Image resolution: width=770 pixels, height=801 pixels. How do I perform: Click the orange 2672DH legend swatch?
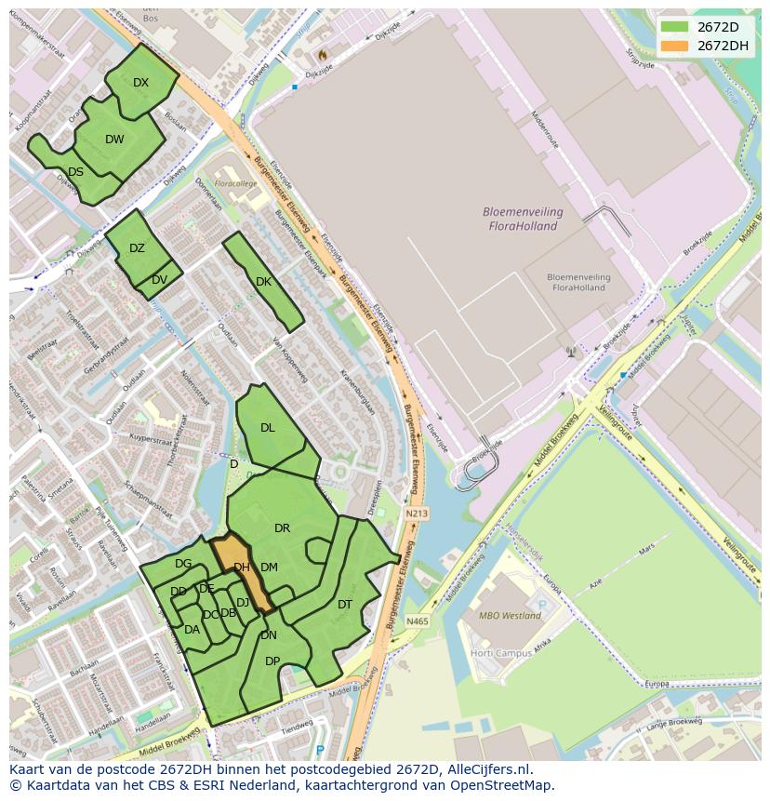pyautogui.click(x=675, y=46)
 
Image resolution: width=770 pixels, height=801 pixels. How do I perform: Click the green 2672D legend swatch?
pyautogui.click(x=675, y=26)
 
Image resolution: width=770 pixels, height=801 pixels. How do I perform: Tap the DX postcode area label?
pyautogui.click(x=140, y=83)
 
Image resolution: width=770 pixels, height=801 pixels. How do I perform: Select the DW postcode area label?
pyautogui.click(x=114, y=140)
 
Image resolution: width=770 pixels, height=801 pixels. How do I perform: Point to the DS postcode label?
pyautogui.click(x=75, y=172)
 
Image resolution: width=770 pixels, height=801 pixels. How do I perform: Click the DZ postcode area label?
pyautogui.click(x=137, y=248)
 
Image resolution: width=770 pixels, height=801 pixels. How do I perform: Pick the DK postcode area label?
pyautogui.click(x=263, y=282)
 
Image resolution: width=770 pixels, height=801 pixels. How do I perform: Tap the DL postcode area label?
pyautogui.click(x=267, y=428)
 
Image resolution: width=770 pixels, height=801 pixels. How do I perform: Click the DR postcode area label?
pyautogui.click(x=282, y=528)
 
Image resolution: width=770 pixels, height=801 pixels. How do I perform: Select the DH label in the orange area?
pyautogui.click(x=241, y=567)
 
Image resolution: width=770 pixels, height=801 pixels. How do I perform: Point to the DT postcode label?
pyautogui.click(x=345, y=605)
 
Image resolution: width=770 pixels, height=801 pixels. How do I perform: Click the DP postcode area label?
pyautogui.click(x=272, y=661)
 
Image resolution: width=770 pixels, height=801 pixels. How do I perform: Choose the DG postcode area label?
pyautogui.click(x=183, y=564)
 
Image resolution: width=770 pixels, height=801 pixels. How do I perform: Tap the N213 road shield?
pyautogui.click(x=417, y=514)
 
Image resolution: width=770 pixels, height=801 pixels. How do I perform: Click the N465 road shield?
pyautogui.click(x=417, y=621)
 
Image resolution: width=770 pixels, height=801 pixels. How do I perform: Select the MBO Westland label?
pyautogui.click(x=510, y=616)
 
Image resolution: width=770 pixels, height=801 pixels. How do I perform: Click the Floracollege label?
pyautogui.click(x=235, y=184)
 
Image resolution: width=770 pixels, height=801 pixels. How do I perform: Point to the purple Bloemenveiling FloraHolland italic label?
pyautogui.click(x=520, y=219)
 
